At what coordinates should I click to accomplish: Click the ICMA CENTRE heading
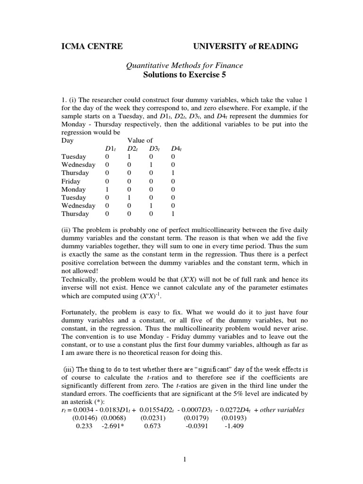coord(92,46)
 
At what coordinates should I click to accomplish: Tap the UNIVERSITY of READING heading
coord(245,46)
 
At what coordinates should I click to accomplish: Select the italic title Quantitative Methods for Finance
coord(184,66)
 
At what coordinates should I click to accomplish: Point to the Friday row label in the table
coord(71,181)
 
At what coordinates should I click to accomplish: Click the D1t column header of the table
coord(110,149)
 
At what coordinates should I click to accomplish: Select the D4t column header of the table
coord(176,149)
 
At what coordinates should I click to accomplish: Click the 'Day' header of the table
coord(68,140)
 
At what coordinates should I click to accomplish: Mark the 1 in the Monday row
coord(107,189)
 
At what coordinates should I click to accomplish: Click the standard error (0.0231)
coord(153,417)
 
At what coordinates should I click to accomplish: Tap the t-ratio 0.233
coord(84,425)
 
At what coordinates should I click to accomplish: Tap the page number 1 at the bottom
coord(185,459)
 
